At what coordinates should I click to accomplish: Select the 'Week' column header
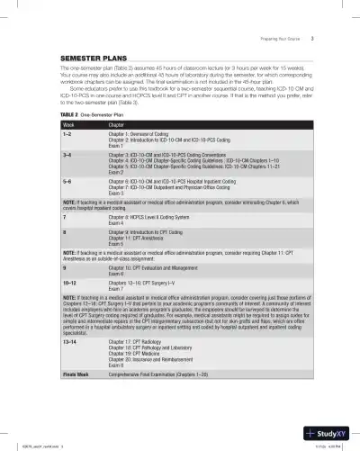coord(66,125)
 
